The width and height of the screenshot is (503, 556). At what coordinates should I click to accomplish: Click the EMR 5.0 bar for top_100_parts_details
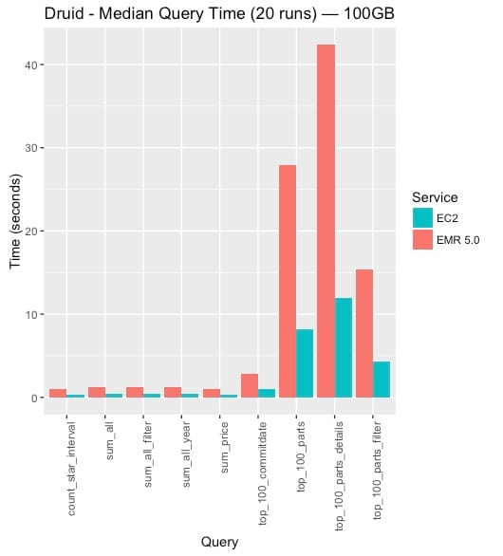tap(326, 221)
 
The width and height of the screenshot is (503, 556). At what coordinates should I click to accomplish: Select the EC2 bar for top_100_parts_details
tap(344, 347)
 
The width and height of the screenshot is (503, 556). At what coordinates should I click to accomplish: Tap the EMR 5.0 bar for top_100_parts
tap(288, 281)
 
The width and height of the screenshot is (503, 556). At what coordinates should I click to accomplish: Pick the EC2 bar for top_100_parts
tap(305, 363)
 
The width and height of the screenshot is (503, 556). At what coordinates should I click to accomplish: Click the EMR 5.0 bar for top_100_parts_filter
tap(364, 333)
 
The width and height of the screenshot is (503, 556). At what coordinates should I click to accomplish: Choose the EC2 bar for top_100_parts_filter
tap(382, 380)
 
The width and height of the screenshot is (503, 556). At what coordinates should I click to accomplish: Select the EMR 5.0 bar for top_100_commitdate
tap(250, 385)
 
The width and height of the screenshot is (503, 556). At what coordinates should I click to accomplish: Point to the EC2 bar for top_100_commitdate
tap(267, 393)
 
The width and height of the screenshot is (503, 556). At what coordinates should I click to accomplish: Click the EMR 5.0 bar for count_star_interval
tap(58, 393)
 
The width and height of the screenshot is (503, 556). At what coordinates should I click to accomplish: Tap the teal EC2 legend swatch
tap(422, 217)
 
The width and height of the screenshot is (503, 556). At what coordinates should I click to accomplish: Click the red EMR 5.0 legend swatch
tap(422, 240)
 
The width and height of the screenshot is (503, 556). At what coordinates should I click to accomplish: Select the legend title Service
tap(435, 197)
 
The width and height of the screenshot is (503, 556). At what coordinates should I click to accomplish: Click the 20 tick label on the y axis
tap(31, 232)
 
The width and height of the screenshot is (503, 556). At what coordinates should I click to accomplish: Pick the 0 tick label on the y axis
tap(34, 398)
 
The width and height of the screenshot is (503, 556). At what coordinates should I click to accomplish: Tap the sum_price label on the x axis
tap(224, 448)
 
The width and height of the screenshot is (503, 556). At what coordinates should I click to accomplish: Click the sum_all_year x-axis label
tap(186, 454)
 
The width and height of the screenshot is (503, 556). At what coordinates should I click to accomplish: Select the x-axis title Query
tap(219, 542)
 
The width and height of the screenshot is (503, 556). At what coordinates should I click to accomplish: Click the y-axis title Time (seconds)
tap(15, 221)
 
